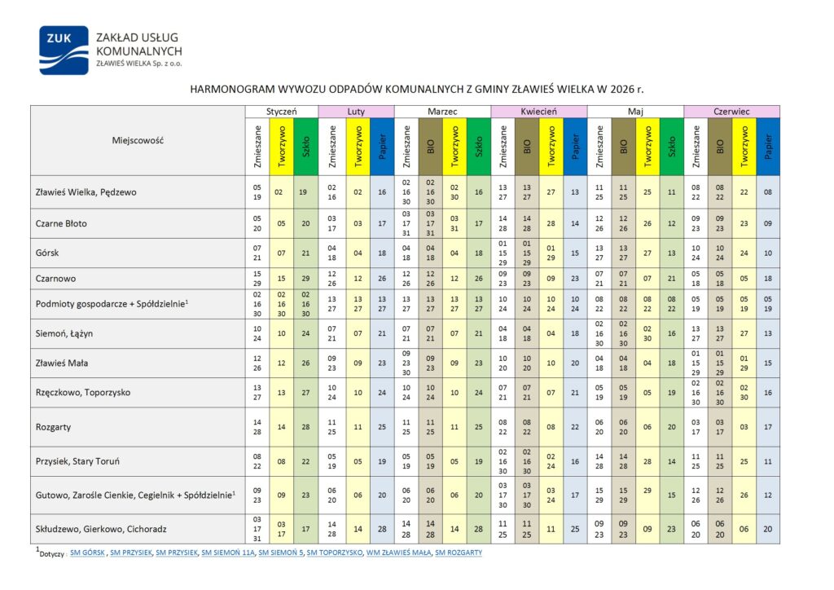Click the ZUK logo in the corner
click(64, 51)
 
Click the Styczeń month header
click(281, 112)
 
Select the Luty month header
click(355, 112)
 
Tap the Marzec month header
click(443, 112)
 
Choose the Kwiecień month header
click(538, 112)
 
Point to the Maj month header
click(635, 112)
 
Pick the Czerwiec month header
click(731, 112)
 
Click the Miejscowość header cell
click(138, 140)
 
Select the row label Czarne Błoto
click(61, 223)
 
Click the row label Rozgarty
click(53, 425)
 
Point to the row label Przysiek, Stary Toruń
click(78, 461)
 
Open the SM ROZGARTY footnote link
click(459, 553)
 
